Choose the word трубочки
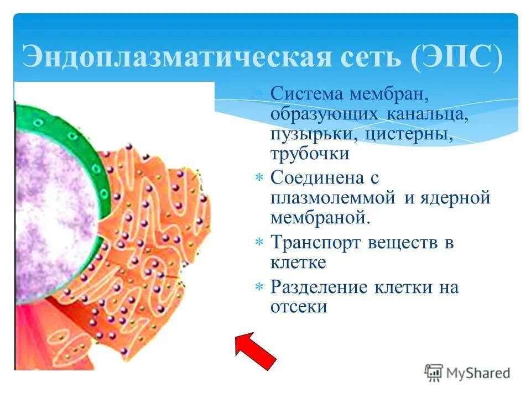(310, 153)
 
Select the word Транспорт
(318, 242)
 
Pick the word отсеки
(299, 307)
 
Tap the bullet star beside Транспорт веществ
(259, 243)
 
